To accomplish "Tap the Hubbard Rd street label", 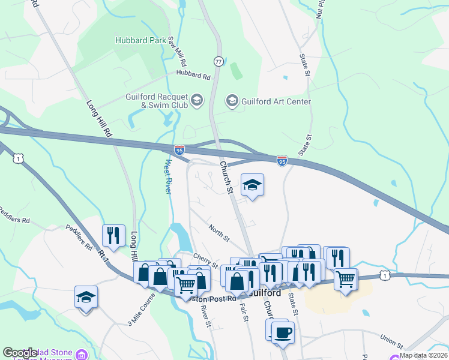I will coord(193,76).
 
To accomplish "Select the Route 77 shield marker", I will coord(218,61).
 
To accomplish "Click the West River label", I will coord(169,176).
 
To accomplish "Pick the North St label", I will coord(219,233).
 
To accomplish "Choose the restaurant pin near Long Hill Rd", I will coord(113,235).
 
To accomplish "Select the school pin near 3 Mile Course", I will coord(86,298).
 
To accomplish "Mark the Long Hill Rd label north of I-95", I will coord(100,118).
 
